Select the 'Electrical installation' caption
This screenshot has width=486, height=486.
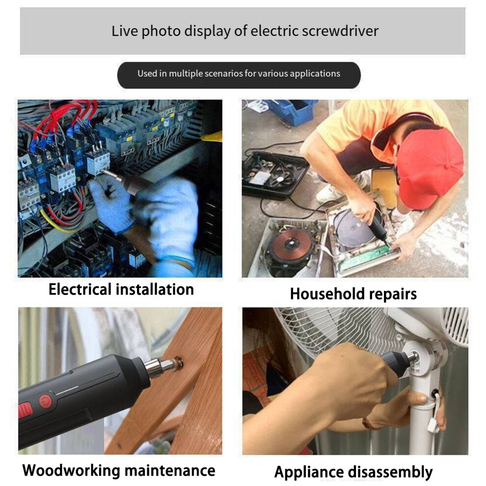121,290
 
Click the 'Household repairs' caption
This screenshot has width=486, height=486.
353,294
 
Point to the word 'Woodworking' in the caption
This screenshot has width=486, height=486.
71,470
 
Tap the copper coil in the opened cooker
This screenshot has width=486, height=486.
292,243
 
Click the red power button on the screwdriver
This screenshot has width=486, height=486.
46,401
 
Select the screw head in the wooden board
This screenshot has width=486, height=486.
178,363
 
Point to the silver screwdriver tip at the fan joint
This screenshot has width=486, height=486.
413,357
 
